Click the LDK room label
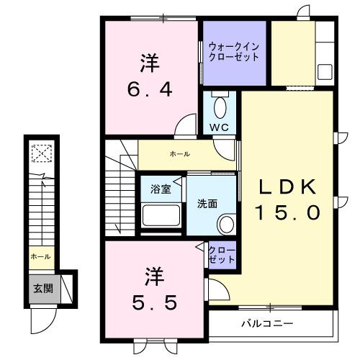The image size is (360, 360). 288,187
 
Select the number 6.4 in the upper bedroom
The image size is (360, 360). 150,91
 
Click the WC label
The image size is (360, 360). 219,127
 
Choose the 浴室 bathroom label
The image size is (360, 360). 161,189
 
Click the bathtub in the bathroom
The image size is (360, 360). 161,215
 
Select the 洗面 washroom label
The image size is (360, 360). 207,204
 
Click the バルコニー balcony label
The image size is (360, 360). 266,323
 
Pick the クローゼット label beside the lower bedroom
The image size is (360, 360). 222,255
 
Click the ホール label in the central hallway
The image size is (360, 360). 181,153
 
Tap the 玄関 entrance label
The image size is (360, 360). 42,289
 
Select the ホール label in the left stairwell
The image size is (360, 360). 40,256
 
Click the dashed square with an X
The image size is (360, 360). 42,153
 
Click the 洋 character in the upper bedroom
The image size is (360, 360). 150,63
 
